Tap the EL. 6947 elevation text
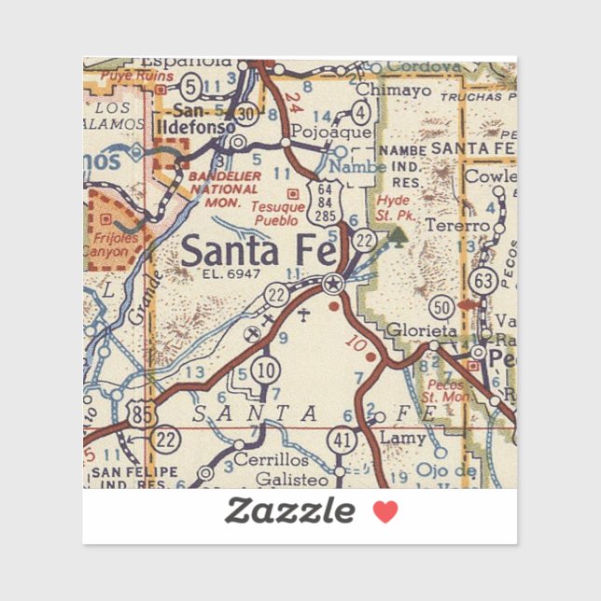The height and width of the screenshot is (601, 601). click(230, 274)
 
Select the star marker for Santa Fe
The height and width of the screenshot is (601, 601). click(332, 284)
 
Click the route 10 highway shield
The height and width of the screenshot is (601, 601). click(266, 370)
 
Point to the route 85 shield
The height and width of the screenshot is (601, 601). click(141, 415)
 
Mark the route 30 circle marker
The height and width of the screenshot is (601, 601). click(247, 112)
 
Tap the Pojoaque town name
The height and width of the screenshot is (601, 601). click(319, 133)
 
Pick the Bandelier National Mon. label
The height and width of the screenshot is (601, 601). click(217, 188)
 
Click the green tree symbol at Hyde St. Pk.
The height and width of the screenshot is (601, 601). click(400, 235)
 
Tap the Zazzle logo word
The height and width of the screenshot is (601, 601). click(289, 510)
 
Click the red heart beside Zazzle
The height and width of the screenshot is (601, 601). click(385, 510)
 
